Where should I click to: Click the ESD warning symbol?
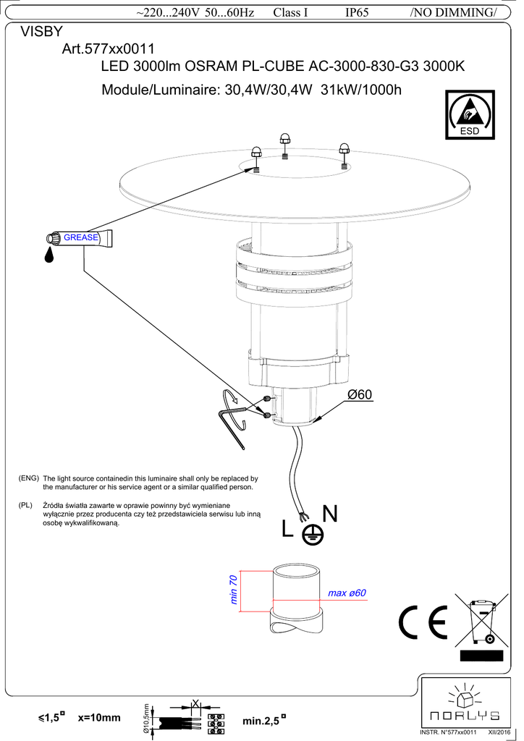[x=470, y=114]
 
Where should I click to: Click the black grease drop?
[x=49, y=254]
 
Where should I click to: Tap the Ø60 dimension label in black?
[x=359, y=394]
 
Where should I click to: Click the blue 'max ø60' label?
[x=347, y=593]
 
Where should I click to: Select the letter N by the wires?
[x=329, y=514]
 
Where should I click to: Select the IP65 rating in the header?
[x=358, y=14]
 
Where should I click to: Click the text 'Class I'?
[x=291, y=14]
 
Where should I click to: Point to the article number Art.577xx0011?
[x=109, y=49]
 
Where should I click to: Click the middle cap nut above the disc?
[x=285, y=138]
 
